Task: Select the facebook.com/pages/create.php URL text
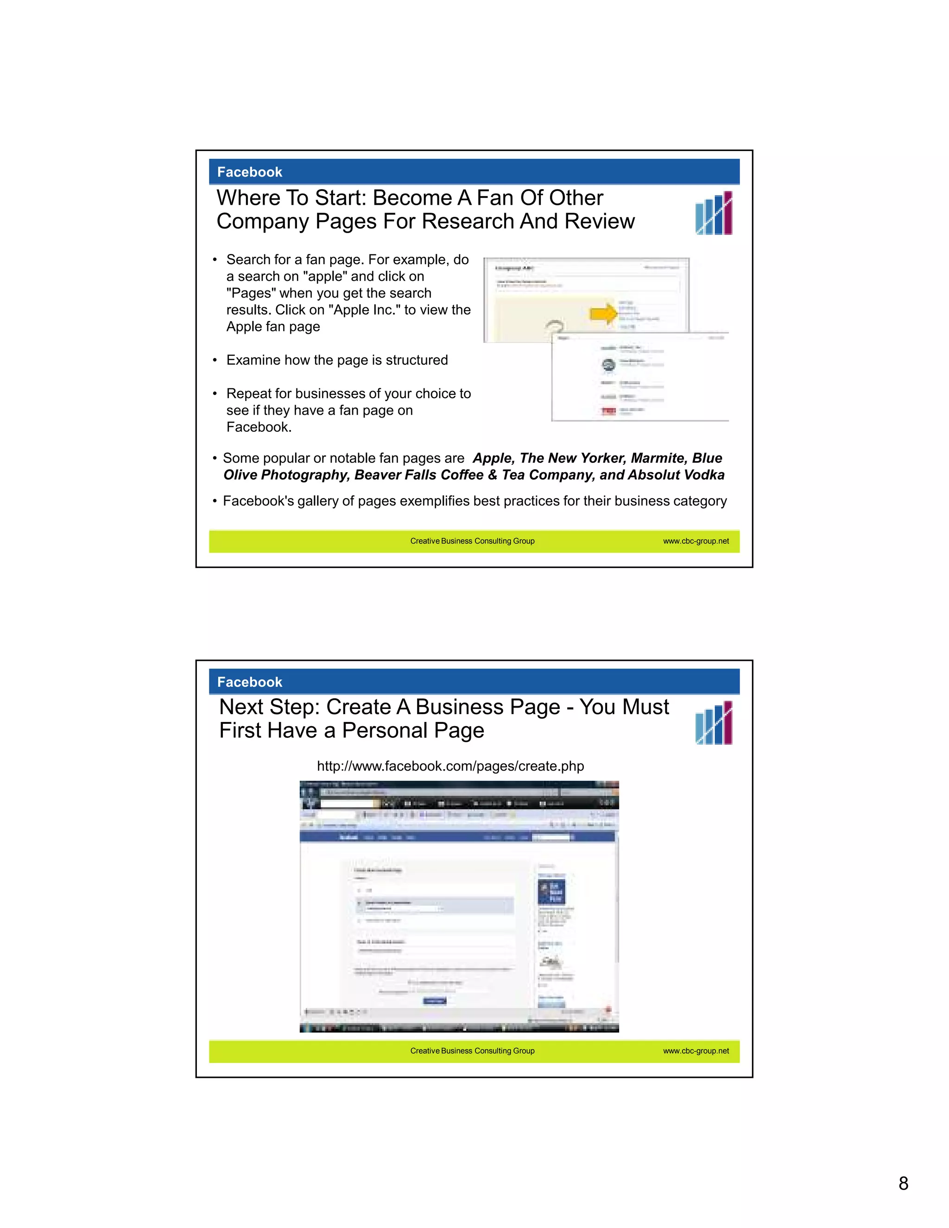[x=450, y=766]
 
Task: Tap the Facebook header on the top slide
[x=250, y=172]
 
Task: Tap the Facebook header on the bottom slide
[x=250, y=682]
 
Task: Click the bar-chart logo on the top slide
[x=714, y=213]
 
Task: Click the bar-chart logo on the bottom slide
[x=714, y=723]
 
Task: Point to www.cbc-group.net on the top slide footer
[x=696, y=541]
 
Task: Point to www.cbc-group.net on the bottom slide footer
[x=696, y=1051]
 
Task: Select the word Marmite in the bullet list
[x=657, y=458]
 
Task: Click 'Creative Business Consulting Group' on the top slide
[x=472, y=541]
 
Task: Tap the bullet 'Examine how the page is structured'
[x=337, y=360]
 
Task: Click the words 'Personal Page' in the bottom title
[x=413, y=731]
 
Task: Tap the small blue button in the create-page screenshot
[x=434, y=1001]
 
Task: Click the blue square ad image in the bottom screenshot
[x=551, y=892]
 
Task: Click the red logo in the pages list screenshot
[x=608, y=411]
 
